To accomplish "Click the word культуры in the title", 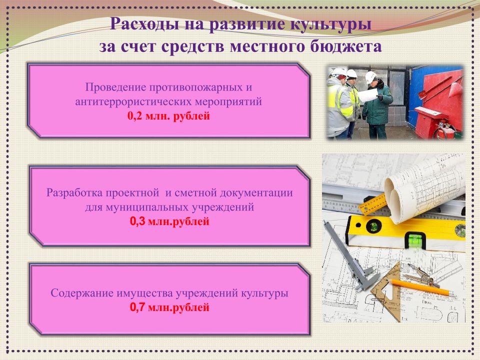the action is coord(330,24).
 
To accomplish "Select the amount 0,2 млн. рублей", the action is coord(168,116).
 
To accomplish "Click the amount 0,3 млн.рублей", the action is coord(169,221).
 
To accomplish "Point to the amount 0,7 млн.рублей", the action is coord(169,307).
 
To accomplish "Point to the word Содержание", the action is coord(82,293).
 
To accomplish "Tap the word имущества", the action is coord(144,293).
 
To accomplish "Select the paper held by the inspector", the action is coord(367,95).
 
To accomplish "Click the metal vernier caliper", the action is coord(349,256).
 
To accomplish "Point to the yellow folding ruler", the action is coord(371,203).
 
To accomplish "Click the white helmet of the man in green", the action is coord(370,77).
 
